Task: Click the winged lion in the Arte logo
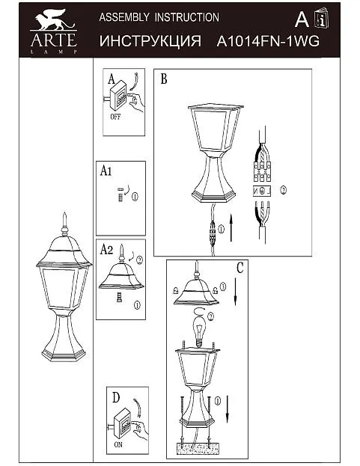point(54,19)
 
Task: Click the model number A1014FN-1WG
point(268,41)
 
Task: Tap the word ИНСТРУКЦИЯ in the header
point(150,41)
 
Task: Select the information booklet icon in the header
point(322,18)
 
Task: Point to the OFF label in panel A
point(115,117)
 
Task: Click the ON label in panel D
point(118,445)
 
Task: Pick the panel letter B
point(164,79)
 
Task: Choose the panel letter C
point(240,268)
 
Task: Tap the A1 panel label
point(106,171)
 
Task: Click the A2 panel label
point(106,249)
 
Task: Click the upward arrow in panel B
point(231,229)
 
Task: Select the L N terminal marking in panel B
point(262,191)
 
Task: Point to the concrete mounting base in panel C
point(196,448)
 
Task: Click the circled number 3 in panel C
point(222,286)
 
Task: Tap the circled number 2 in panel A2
point(139,260)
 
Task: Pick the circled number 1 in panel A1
point(135,197)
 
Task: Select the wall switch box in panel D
point(122,423)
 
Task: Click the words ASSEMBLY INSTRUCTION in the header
point(159,17)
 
